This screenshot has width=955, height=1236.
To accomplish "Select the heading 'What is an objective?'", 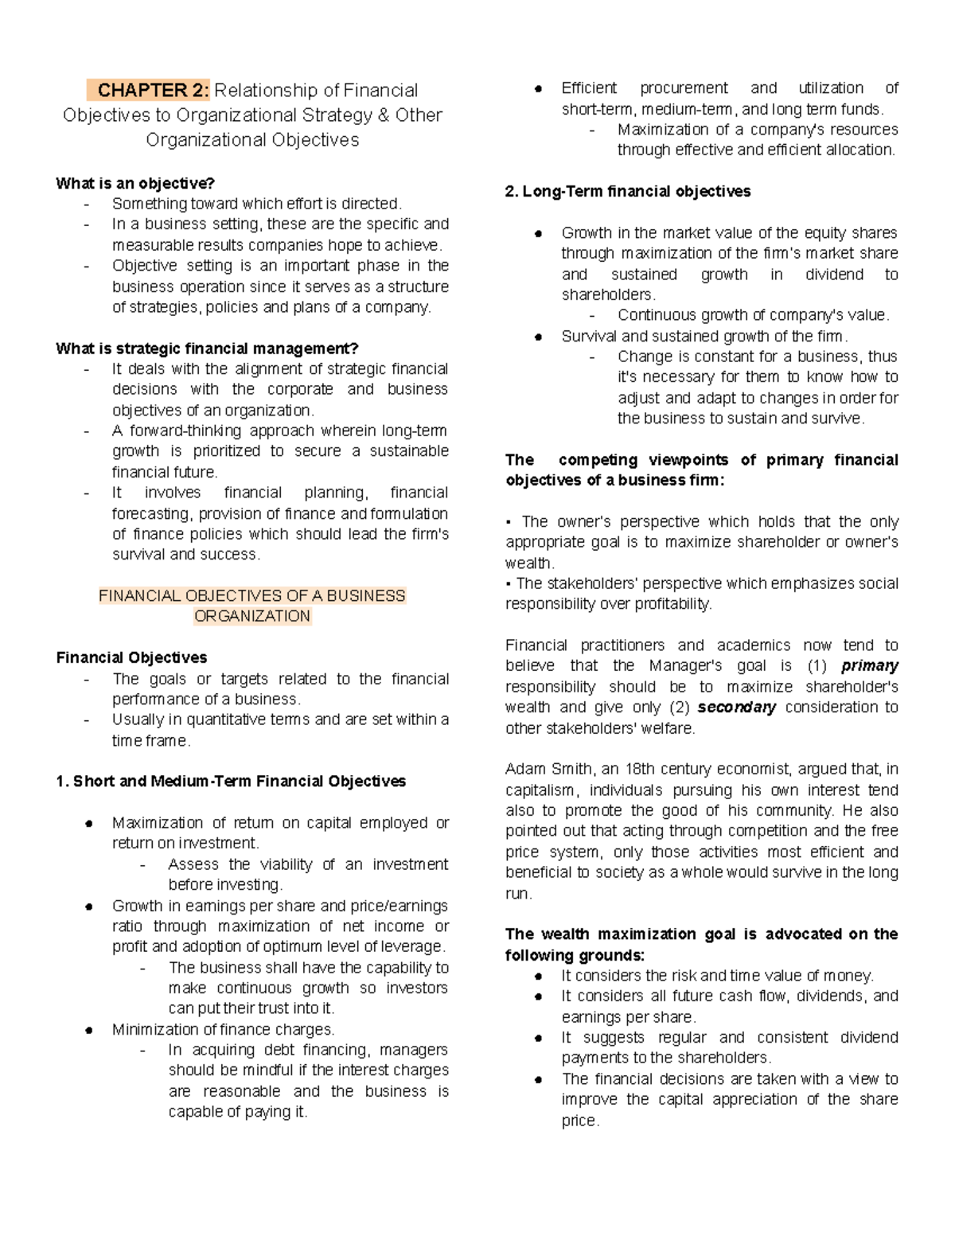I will (x=135, y=184).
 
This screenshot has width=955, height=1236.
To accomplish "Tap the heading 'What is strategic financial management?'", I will (x=207, y=349).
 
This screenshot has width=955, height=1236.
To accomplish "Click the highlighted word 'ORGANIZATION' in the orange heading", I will (x=252, y=617).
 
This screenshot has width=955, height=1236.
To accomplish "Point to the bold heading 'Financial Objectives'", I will (x=131, y=658).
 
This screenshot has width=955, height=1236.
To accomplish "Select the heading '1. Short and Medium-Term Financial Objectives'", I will (x=231, y=782).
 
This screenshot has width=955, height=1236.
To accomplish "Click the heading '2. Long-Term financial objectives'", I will (x=628, y=192).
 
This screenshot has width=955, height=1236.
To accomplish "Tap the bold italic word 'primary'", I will (x=869, y=666).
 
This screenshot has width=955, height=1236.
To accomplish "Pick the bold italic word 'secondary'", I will (x=736, y=708).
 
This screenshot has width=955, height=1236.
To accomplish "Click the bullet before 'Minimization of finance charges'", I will (x=90, y=1031).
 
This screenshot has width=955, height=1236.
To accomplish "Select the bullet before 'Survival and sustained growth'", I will (x=539, y=337).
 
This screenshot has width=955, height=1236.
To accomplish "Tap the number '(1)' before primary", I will (x=817, y=666).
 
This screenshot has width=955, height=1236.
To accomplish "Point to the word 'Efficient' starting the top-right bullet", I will (x=589, y=88).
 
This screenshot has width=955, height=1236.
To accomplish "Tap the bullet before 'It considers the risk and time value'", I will (x=539, y=977).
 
